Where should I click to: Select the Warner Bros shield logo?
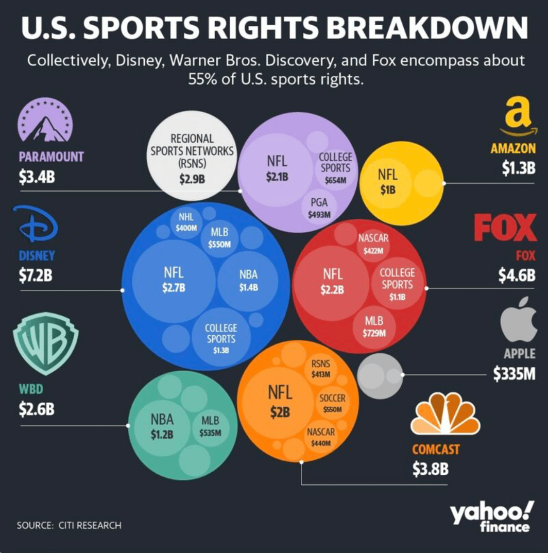coord(45,344)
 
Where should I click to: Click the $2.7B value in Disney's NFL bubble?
coord(174,287)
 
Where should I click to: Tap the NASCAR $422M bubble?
coord(373,244)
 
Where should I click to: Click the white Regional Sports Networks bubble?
coord(192,152)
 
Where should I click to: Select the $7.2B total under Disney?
coord(36,276)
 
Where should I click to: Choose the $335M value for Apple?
coord(514,374)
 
